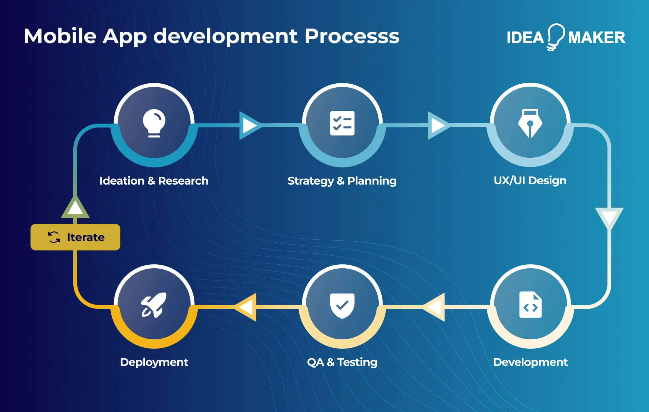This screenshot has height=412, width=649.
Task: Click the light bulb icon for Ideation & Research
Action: click(154, 123)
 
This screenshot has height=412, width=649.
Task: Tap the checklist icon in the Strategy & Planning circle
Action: click(342, 123)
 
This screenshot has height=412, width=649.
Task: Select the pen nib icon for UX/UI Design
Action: click(530, 123)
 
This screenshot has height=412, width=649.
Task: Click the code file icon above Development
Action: click(530, 305)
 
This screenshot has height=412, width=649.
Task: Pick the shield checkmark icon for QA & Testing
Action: click(342, 305)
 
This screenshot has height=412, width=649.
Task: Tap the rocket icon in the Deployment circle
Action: click(154, 305)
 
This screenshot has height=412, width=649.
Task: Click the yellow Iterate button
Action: click(75, 237)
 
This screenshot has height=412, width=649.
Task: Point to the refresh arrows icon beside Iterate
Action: click(54, 237)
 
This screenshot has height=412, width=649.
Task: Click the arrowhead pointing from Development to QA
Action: click(435, 307)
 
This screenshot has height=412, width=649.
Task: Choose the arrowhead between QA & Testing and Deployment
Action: click(247, 307)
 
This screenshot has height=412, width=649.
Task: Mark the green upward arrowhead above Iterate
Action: click(75, 208)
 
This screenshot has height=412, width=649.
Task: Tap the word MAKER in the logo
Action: click(596, 38)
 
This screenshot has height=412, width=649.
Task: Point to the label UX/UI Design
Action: click(530, 180)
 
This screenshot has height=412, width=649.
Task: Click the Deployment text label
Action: click(154, 362)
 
